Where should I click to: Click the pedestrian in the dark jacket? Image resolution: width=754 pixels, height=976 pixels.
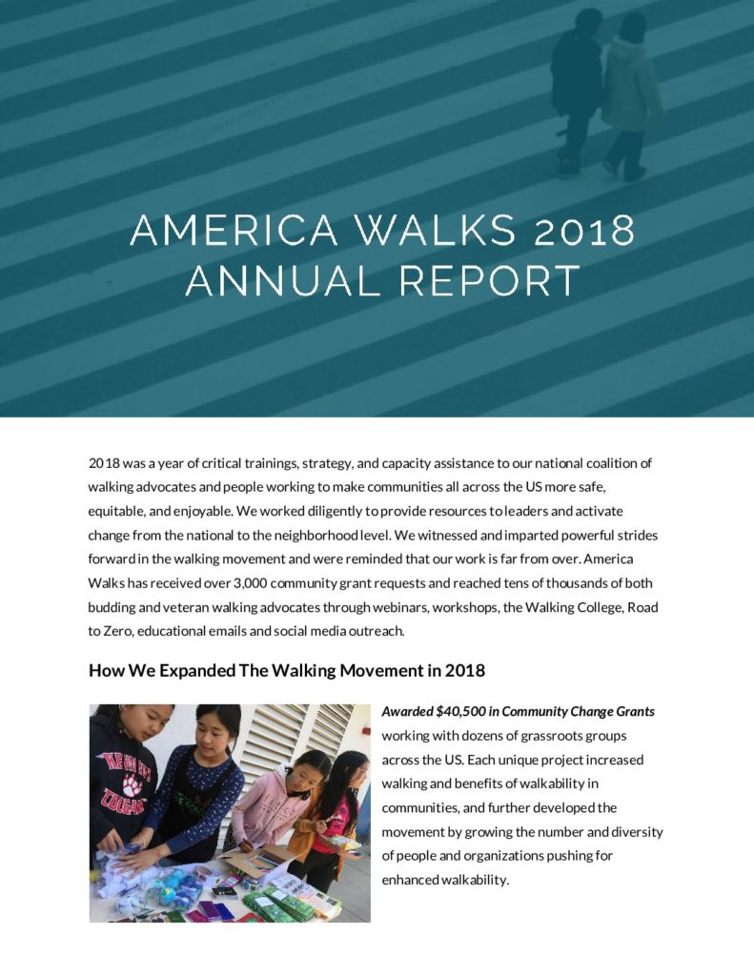click(577, 86)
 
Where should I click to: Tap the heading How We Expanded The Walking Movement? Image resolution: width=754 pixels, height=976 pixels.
click(286, 670)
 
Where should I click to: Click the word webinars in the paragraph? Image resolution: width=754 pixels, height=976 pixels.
click(389, 606)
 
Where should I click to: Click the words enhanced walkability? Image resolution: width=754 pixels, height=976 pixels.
click(445, 879)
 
